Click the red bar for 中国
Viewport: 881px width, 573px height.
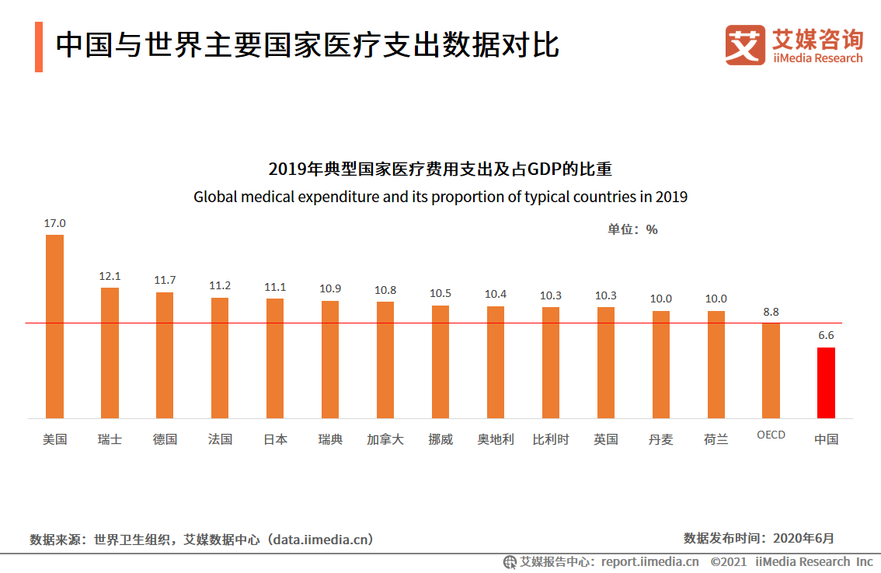pyautogui.click(x=826, y=383)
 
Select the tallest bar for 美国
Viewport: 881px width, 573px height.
pyautogui.click(x=54, y=327)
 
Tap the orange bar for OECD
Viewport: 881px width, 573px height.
pyautogui.click(x=771, y=370)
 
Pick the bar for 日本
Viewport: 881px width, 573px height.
pyautogui.click(x=275, y=358)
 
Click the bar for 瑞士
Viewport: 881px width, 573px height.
pyautogui.click(x=110, y=353)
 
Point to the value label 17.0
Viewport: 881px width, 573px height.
pyautogui.click(x=54, y=223)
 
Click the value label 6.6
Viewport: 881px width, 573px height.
pyautogui.click(x=826, y=335)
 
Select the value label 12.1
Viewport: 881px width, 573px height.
pyautogui.click(x=110, y=276)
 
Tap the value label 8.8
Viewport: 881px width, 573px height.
pyautogui.click(x=771, y=312)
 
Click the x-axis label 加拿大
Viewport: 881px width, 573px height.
pyautogui.click(x=385, y=439)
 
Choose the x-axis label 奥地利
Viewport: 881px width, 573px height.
pyautogui.click(x=496, y=439)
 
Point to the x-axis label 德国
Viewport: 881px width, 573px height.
pyautogui.click(x=165, y=439)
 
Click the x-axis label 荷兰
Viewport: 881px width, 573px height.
pyautogui.click(x=716, y=439)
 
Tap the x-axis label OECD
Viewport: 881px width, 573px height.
pyautogui.click(x=771, y=435)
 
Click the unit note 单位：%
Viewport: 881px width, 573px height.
pyautogui.click(x=632, y=229)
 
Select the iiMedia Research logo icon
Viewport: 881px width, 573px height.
pyautogui.click(x=745, y=45)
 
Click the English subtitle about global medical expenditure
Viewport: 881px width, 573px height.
pyautogui.click(x=440, y=197)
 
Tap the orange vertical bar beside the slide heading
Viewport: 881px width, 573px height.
pyautogui.click(x=39, y=47)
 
